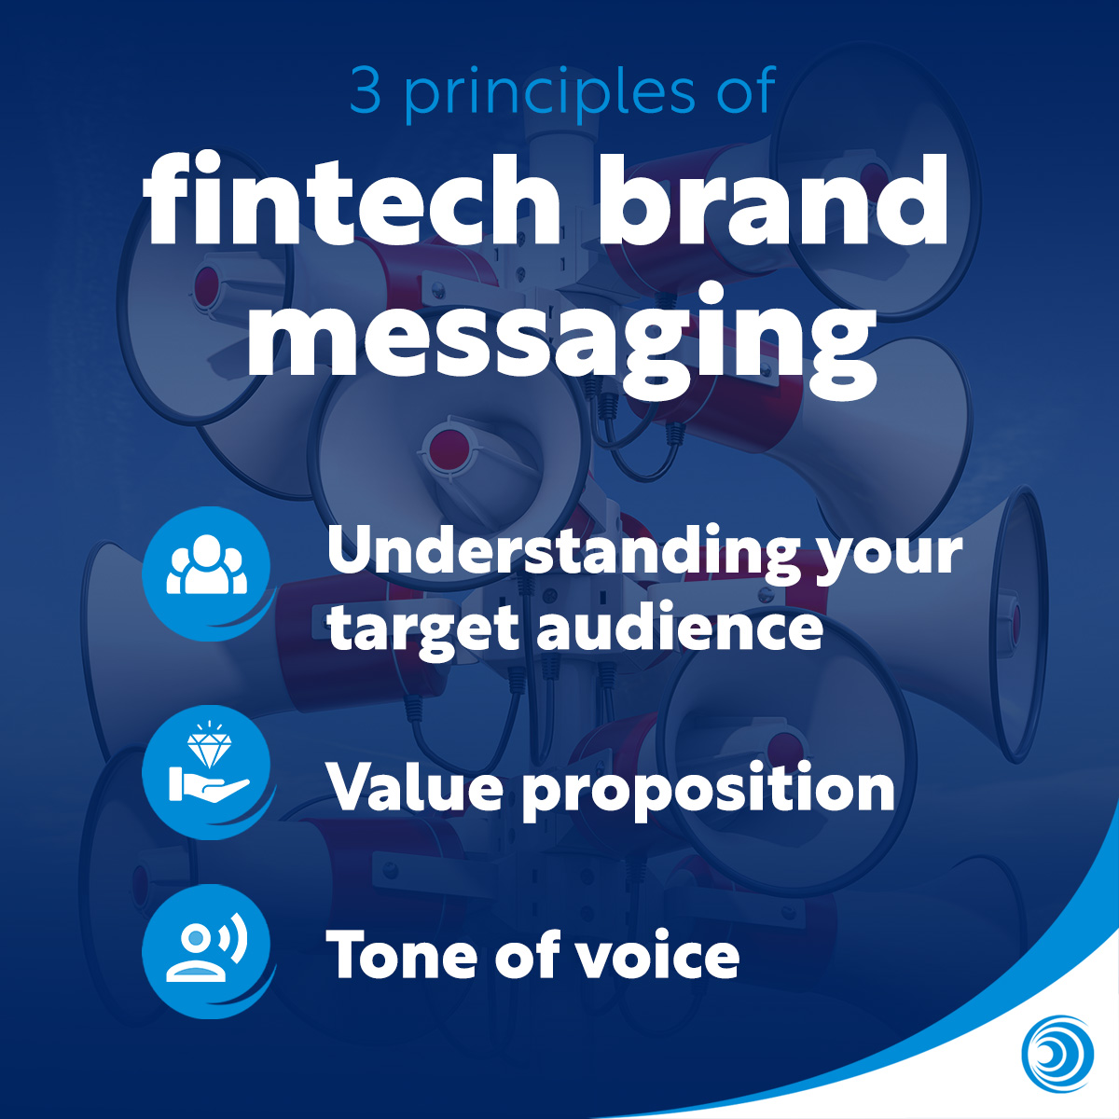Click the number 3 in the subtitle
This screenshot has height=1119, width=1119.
click(x=366, y=90)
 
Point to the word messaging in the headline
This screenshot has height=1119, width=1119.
click(x=561, y=333)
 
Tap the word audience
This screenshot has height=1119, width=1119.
click(x=680, y=623)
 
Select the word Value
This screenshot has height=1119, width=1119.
click(x=416, y=786)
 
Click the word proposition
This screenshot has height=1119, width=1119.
click(x=709, y=791)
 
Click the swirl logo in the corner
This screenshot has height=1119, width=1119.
click(x=1057, y=1053)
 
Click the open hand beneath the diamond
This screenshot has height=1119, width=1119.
click(x=208, y=788)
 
